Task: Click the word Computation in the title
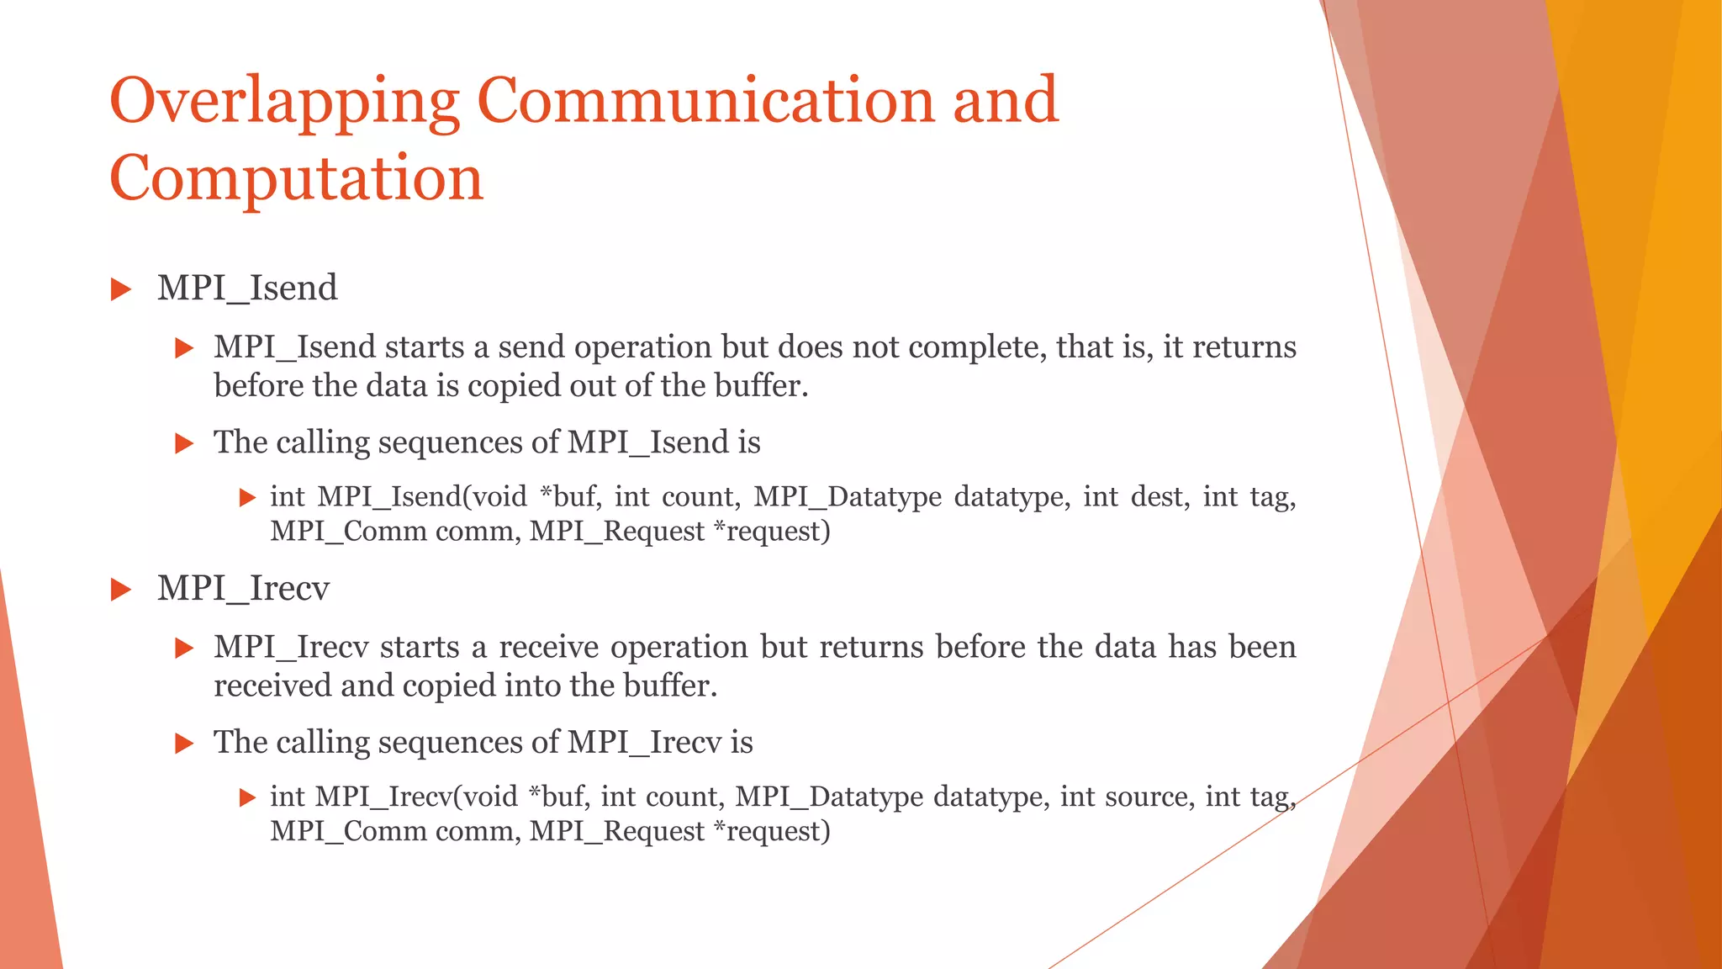296,179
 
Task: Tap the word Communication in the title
705,101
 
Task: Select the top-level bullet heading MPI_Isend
247,289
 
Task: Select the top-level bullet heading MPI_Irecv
243,589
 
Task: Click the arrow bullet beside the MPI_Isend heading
122,290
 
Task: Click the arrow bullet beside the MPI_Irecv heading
122,590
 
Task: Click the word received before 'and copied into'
272,686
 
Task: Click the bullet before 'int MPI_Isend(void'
247,498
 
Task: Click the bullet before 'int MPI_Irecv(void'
247,797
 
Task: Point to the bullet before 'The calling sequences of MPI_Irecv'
184,744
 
